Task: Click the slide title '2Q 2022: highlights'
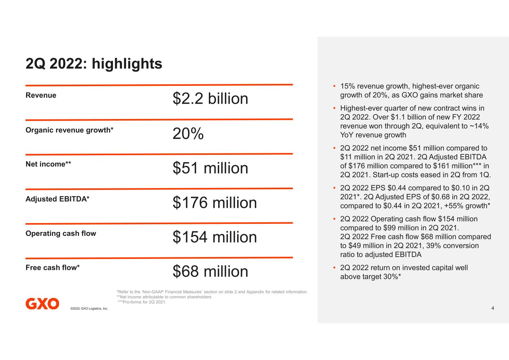pyautogui.click(x=94, y=64)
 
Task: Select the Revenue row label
pyautogui.click(x=41, y=95)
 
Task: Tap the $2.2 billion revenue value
pyautogui.click(x=210, y=98)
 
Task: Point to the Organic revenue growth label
pyautogui.click(x=69, y=130)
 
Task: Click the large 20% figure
pyautogui.click(x=188, y=134)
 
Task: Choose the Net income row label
pyautogui.click(x=48, y=164)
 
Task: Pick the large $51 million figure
pyautogui.click(x=210, y=168)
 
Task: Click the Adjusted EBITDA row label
pyautogui.click(x=57, y=199)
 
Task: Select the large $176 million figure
pyautogui.click(x=215, y=203)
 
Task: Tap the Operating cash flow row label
pyautogui.click(x=61, y=234)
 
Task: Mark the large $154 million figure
pyautogui.click(x=215, y=237)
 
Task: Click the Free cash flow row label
pyautogui.click(x=53, y=267)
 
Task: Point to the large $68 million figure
pyautogui.click(x=210, y=271)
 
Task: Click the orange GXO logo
pyautogui.click(x=42, y=304)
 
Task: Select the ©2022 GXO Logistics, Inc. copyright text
pyautogui.click(x=89, y=309)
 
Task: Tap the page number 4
pyautogui.click(x=493, y=308)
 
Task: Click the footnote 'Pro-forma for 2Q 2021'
pyautogui.click(x=142, y=302)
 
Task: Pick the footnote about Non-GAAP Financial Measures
pyautogui.click(x=212, y=292)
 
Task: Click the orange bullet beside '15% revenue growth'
pyautogui.click(x=334, y=86)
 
